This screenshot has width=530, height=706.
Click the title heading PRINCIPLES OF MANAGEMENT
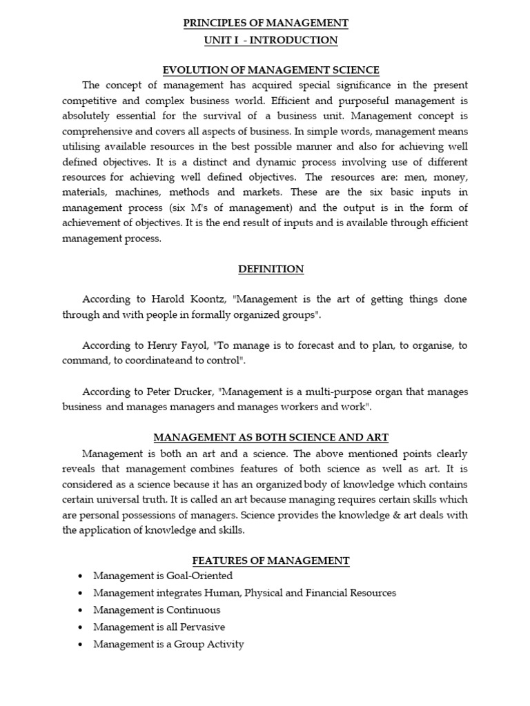pos(266,23)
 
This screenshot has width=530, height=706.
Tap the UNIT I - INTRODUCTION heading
pos(271,40)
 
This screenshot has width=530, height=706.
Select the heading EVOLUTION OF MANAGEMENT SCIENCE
pos(271,70)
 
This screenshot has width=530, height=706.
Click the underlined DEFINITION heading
pos(271,269)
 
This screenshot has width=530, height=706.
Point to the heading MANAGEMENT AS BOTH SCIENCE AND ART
pos(271,438)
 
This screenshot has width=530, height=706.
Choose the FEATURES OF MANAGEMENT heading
pos(271,561)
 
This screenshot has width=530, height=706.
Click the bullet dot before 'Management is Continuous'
pos(81,611)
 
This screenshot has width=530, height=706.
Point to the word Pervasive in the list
pos(200,627)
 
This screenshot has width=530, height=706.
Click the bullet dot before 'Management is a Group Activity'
pos(81,645)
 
